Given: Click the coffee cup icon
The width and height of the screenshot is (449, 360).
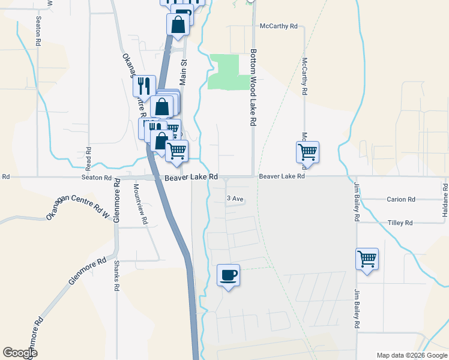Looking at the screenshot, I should coord(228,275).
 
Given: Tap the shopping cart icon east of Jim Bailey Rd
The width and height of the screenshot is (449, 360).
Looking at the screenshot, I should coord(367,259).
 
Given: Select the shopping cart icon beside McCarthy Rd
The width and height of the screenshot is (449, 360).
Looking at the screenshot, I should coord(307,152).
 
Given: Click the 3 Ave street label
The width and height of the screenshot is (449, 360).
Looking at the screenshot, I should coord(235,199).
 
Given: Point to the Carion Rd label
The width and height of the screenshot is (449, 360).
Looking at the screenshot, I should coord(401,199).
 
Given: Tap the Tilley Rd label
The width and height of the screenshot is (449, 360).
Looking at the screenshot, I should coord(400,223).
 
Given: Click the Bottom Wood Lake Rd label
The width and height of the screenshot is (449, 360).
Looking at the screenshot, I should coord(253,87).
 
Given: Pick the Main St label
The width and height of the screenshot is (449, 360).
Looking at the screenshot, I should coord(184,71).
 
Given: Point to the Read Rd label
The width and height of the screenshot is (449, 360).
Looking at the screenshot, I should coord(88,157).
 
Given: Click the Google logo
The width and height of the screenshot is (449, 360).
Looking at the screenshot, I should coord(20,353).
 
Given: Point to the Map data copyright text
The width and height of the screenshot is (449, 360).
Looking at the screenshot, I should coord(411,355).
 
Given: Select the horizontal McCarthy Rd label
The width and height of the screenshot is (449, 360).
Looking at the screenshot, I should coord(279,26).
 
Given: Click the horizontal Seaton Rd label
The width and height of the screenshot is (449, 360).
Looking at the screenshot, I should coord(97,178).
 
